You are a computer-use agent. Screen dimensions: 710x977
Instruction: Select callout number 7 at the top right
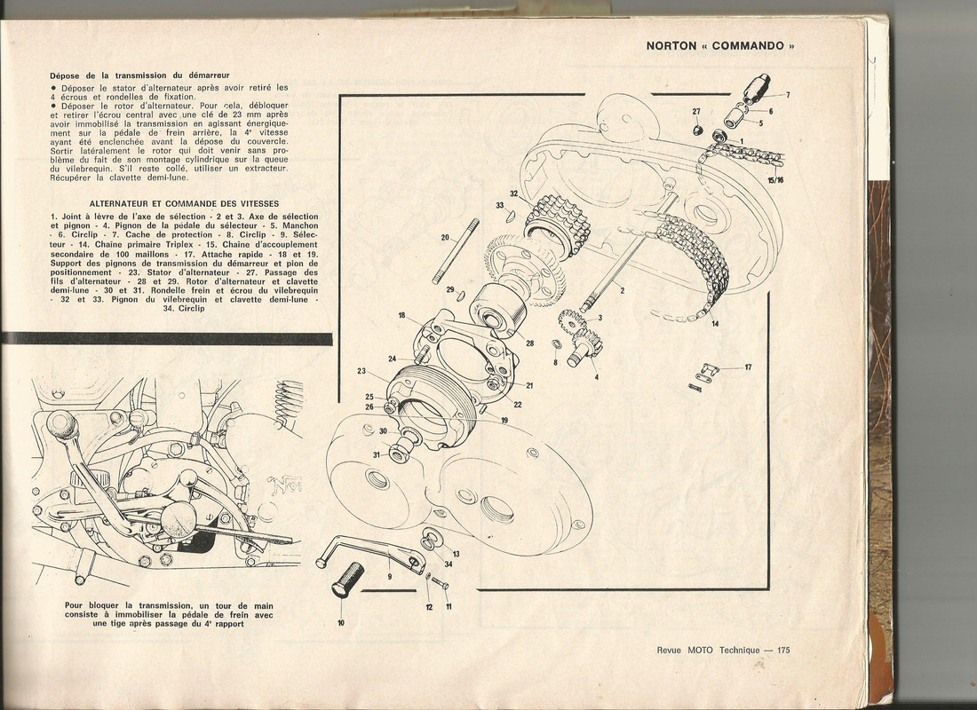coord(787,94)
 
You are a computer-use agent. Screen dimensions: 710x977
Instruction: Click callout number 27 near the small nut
coord(696,112)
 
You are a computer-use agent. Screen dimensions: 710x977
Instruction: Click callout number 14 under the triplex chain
coord(715,324)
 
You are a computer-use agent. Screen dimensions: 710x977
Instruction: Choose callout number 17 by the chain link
coord(748,367)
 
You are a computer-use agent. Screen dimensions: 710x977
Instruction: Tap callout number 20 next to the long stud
coord(444,238)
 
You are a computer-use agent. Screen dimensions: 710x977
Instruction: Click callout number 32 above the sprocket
coord(513,193)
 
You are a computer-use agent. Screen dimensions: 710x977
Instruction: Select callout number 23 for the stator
coord(362,370)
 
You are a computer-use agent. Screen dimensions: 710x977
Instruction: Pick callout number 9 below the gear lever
coord(389,576)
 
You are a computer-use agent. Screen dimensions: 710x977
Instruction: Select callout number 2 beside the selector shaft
coord(622,291)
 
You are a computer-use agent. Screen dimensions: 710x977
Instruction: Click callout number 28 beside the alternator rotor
coord(530,343)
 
